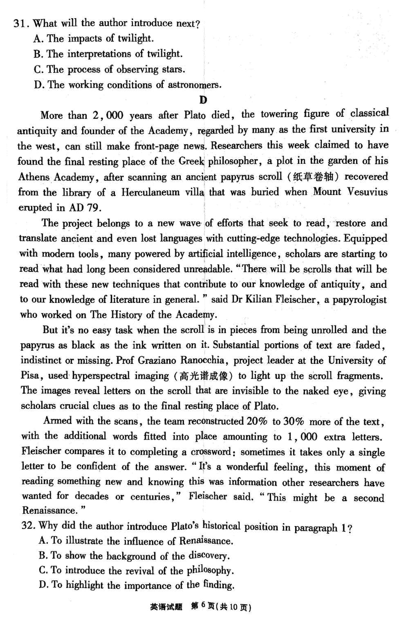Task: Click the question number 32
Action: tap(26, 527)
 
